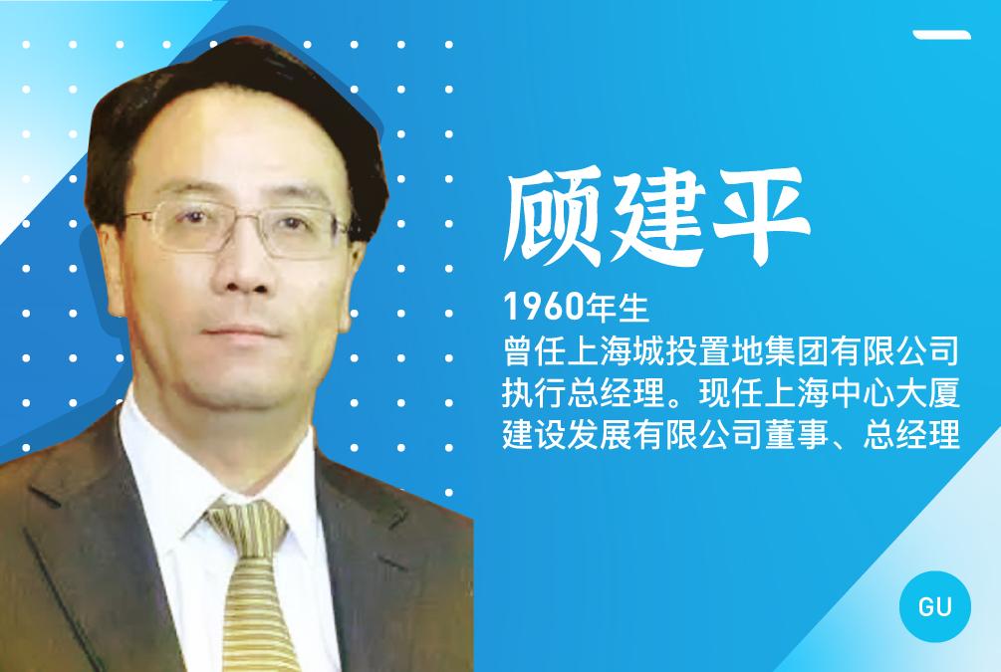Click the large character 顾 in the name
point(553,218)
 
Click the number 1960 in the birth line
point(544,307)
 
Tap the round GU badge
point(934,606)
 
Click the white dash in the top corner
point(941,35)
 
